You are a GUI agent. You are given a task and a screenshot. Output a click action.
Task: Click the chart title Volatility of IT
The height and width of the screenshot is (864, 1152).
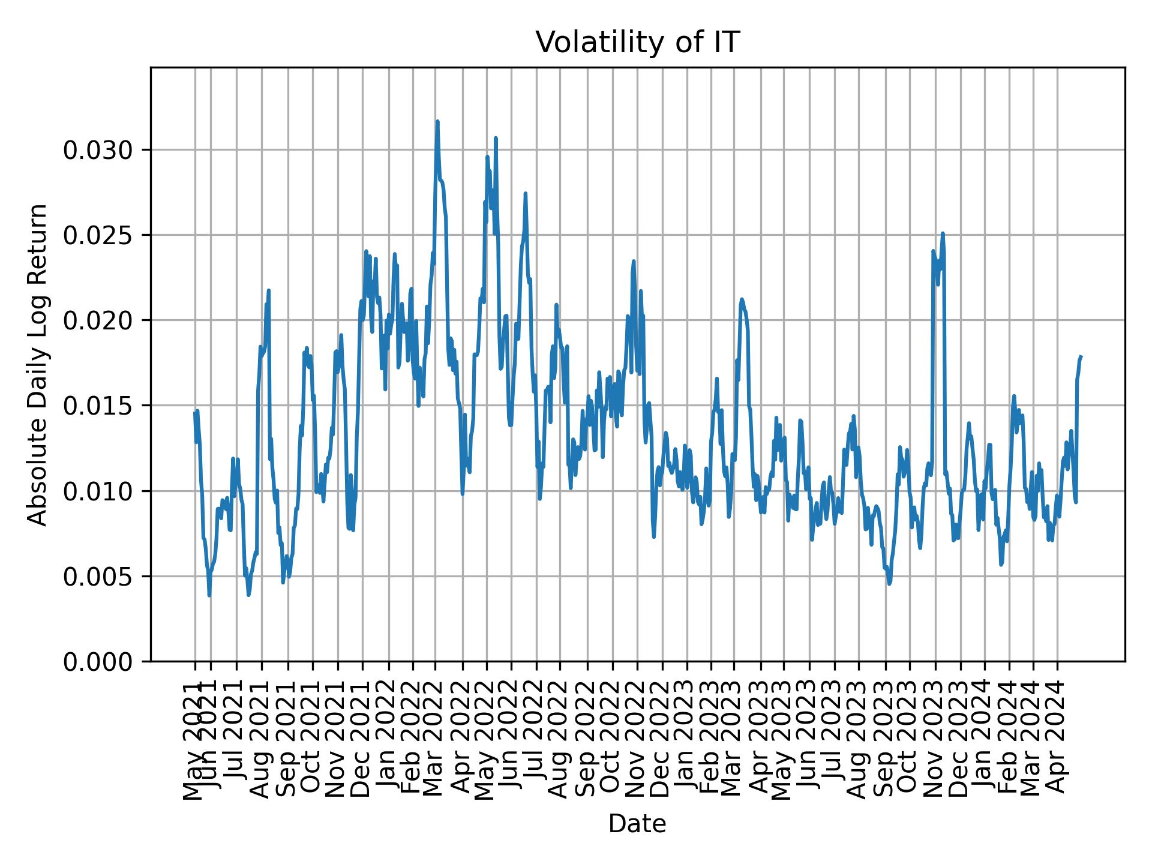(637, 43)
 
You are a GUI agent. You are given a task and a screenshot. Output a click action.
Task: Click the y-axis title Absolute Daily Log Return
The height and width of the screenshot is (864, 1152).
(38, 364)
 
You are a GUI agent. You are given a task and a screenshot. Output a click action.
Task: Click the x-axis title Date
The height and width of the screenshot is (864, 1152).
(637, 824)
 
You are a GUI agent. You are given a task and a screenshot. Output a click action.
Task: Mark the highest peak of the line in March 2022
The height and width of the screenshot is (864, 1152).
(437, 121)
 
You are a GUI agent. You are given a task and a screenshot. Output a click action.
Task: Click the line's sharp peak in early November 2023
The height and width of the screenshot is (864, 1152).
(943, 233)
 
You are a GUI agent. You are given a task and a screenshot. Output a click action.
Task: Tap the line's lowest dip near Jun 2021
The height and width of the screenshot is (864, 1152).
(209, 595)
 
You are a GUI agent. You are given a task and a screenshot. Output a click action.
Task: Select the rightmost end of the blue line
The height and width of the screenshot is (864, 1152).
(1081, 356)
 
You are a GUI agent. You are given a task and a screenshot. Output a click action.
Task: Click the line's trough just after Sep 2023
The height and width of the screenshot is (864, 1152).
(889, 583)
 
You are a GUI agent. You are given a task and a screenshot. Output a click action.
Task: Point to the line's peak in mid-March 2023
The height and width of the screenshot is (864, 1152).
(742, 299)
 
